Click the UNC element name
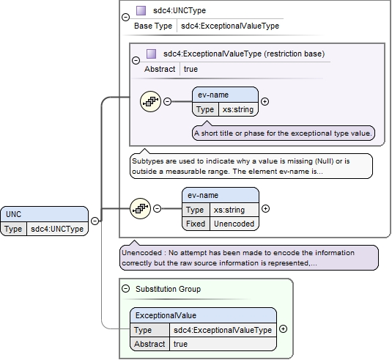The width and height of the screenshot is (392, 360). [13, 214]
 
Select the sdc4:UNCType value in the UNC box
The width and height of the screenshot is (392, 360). [57, 229]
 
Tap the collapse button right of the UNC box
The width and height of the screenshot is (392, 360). [95, 221]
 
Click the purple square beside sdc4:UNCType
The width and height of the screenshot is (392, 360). [141, 10]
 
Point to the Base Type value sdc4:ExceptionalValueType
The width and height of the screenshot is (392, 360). [230, 26]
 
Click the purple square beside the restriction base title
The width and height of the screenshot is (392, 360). [151, 54]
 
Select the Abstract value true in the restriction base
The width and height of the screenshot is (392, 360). [191, 69]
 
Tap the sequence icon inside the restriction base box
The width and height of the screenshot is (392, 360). [150, 102]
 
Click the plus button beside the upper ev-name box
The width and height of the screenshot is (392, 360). [265, 102]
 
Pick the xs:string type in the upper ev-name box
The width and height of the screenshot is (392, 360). [238, 109]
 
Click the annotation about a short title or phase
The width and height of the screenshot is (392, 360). [284, 133]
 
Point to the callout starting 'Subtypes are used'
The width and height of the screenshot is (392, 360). [251, 166]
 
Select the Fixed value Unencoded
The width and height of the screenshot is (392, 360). [234, 224]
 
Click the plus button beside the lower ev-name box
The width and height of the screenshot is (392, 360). [265, 209]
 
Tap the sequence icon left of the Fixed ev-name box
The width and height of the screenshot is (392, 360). [140, 208]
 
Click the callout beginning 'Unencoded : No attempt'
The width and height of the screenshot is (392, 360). [249, 257]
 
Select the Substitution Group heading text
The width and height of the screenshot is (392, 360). [168, 289]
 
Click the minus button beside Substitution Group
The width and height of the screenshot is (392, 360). [126, 289]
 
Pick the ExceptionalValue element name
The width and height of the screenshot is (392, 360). [166, 315]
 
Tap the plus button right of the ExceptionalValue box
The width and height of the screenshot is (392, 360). [283, 329]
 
